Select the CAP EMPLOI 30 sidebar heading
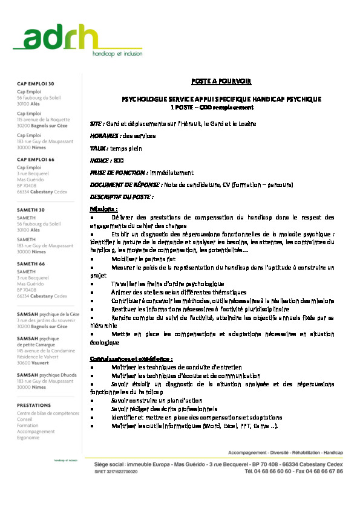click(x=35, y=83)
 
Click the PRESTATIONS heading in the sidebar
click(x=34, y=405)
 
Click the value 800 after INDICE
click(x=119, y=160)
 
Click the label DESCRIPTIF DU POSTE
click(x=121, y=196)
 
